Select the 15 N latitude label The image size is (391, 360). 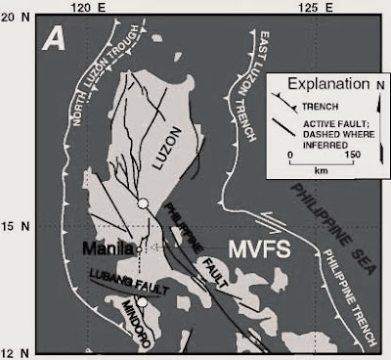(x=14, y=226)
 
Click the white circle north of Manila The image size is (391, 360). (x=144, y=202)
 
